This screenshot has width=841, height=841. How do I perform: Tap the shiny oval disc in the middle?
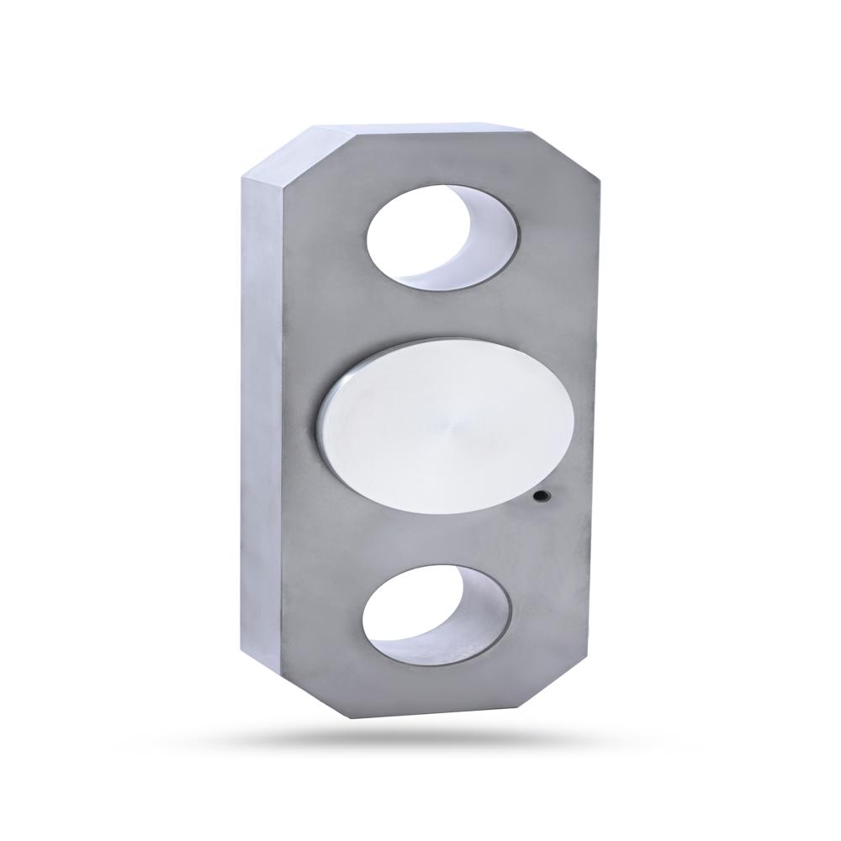coord(446,420)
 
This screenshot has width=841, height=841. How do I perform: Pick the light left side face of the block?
coord(261,420)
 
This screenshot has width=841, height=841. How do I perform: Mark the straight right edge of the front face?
coord(590,420)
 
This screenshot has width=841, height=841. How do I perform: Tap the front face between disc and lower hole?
coord(437,534)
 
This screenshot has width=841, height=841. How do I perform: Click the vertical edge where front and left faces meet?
coord(283,420)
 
